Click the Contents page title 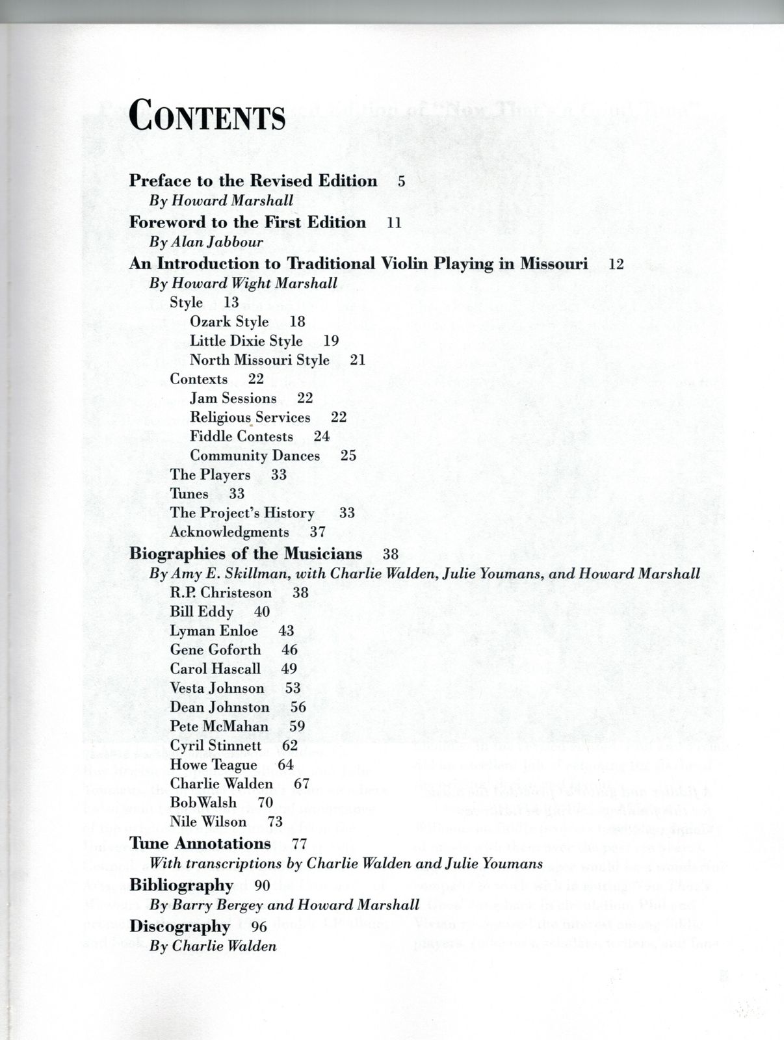click(207, 116)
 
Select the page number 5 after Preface click(402, 181)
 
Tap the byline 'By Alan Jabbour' click(206, 242)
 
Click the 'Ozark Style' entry click(229, 322)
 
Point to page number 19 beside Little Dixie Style click(331, 341)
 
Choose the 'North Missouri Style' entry click(259, 360)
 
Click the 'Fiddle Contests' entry click(241, 437)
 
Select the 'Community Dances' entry click(255, 456)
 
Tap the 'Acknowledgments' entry click(229, 532)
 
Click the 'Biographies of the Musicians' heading click(246, 554)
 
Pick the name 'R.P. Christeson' click(221, 593)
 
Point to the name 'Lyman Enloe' click(214, 631)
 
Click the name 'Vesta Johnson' click(217, 688)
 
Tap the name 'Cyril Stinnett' click(216, 746)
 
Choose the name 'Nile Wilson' click(208, 822)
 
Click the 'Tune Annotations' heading click(200, 844)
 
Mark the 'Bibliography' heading click(181, 885)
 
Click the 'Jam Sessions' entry click(233, 398)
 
